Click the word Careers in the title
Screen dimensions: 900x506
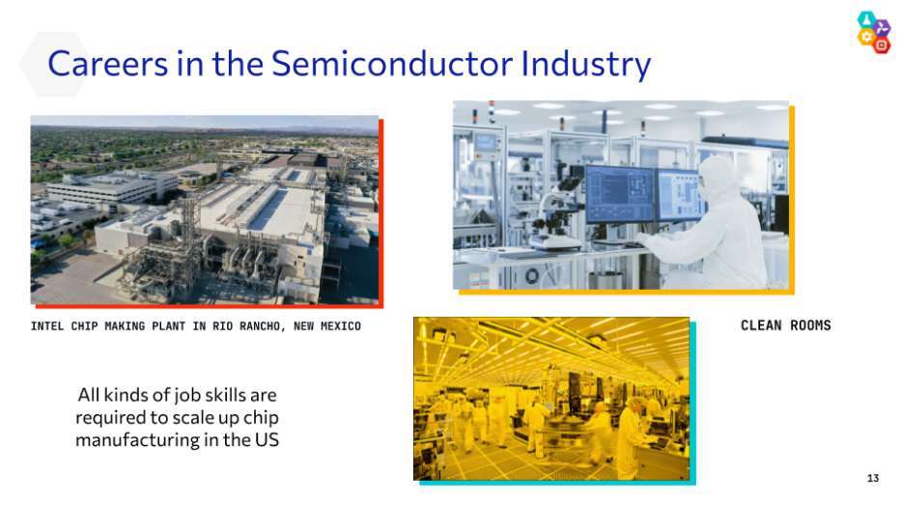[108, 63]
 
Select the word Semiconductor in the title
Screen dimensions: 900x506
[392, 63]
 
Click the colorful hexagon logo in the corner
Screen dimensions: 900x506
[874, 33]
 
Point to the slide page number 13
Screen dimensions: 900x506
[872, 478]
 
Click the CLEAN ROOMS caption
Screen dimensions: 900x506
[785, 325]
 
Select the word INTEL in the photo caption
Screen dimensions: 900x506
[47, 325]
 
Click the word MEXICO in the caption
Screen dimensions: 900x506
[341, 325]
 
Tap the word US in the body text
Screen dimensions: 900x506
[267, 439]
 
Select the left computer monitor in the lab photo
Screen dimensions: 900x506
[620, 194]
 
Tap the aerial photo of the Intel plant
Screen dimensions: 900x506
[205, 210]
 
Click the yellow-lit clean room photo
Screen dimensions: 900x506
[551, 399]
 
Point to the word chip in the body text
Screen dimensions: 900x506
[261, 418]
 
